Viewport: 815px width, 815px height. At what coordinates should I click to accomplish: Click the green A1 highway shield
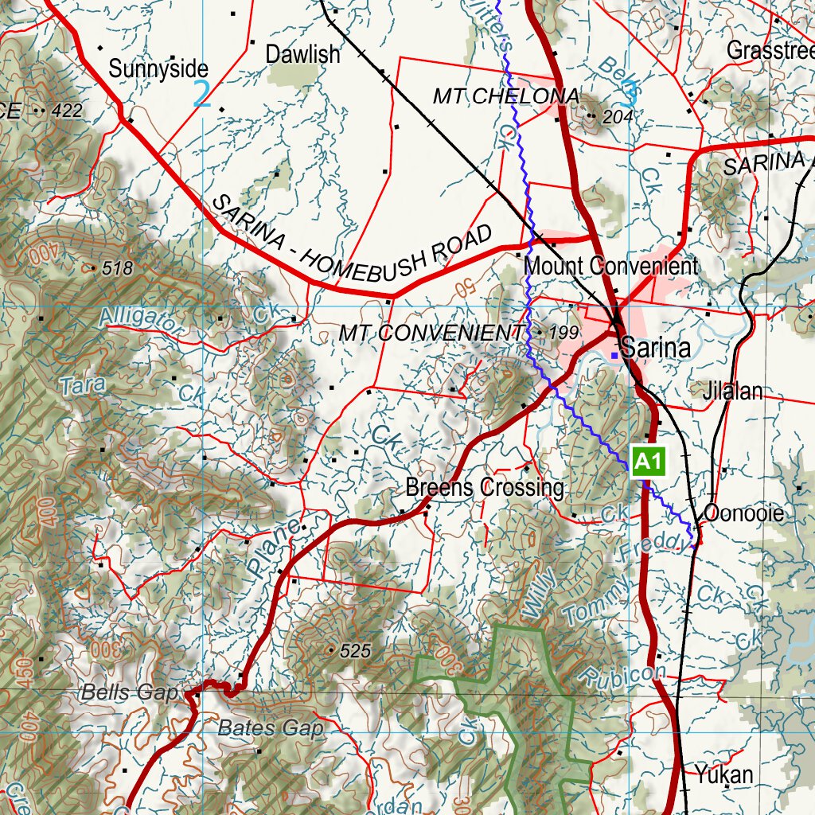point(648,462)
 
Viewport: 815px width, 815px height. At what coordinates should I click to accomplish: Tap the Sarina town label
point(653,348)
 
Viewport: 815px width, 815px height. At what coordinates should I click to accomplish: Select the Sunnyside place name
point(158,68)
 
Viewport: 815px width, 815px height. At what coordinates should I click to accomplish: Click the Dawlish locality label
point(302,54)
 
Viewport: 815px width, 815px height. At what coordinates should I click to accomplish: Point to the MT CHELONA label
point(505,96)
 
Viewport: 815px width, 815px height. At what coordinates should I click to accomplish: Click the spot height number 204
point(618,117)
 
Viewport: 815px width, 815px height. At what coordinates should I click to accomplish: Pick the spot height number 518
point(117,268)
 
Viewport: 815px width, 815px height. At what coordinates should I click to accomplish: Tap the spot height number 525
point(355,651)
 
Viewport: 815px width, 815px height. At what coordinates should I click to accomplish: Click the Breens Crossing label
point(485,487)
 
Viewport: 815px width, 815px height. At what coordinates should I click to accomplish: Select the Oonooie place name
point(744,513)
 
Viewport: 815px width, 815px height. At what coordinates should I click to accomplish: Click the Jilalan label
point(732,391)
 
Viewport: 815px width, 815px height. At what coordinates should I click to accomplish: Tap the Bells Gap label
point(129,692)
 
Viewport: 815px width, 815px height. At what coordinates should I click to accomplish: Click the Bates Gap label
point(271,727)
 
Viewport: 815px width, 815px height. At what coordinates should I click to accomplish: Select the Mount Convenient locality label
point(610,266)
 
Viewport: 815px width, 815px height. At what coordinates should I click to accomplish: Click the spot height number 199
point(563,332)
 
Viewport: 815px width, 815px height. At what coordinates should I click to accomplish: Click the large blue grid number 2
point(202,94)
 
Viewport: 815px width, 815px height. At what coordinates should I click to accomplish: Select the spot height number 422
point(66,111)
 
